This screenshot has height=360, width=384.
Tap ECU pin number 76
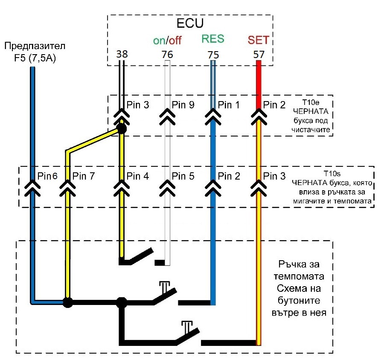pyautogui.click(x=167, y=55)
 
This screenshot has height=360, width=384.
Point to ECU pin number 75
pyautogui.click(x=212, y=55)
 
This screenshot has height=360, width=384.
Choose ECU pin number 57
pyautogui.click(x=258, y=55)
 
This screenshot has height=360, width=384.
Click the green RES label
pyautogui.click(x=212, y=39)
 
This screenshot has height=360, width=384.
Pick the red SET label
pyautogui.click(x=259, y=40)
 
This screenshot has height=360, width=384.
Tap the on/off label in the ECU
pyautogui.click(x=167, y=41)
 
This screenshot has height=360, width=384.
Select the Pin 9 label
pyautogui.click(x=183, y=105)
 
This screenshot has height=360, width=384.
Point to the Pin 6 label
pyautogui.click(x=47, y=176)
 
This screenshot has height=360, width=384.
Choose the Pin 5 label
pyautogui.click(x=183, y=176)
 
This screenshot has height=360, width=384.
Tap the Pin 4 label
pyautogui.click(x=138, y=176)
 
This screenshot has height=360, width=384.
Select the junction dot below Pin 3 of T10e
pyautogui.click(x=122, y=128)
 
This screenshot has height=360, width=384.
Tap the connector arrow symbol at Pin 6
pyautogui.click(x=32, y=186)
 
